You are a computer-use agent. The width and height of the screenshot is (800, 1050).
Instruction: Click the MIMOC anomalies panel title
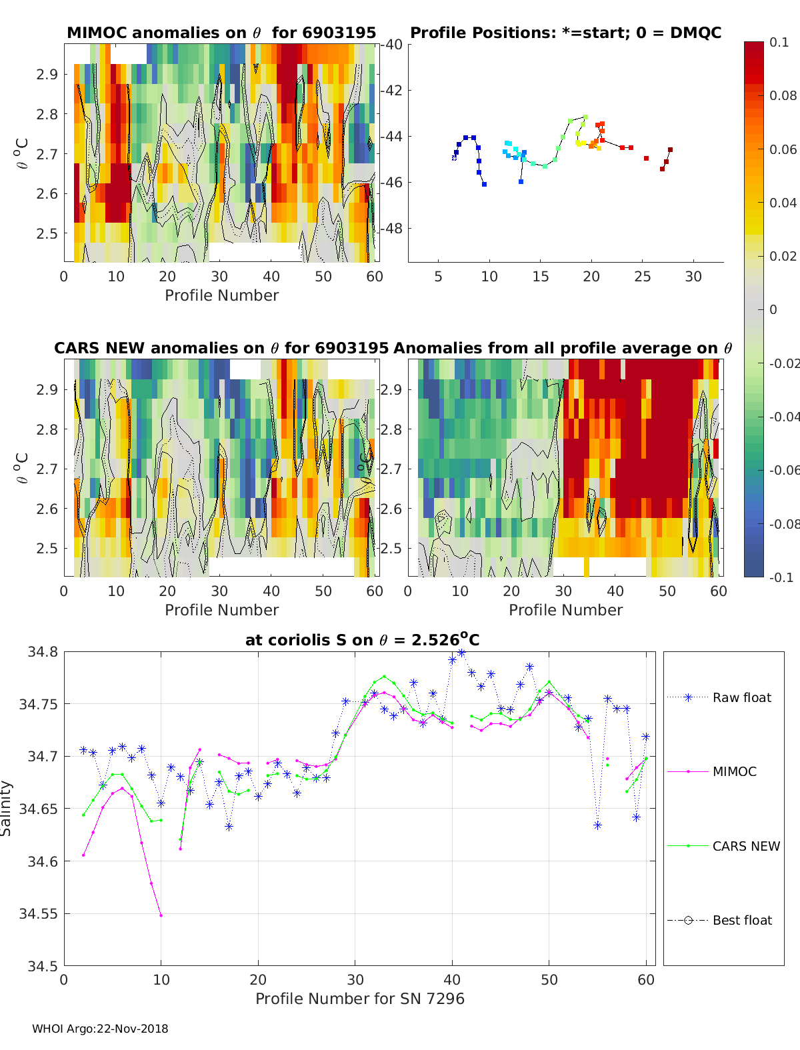click(x=221, y=33)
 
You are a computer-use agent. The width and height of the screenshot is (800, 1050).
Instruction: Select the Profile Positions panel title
click(x=565, y=33)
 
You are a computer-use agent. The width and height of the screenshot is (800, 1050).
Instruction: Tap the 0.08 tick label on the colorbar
click(x=783, y=95)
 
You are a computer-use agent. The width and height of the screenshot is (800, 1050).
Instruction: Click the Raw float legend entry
click(x=741, y=697)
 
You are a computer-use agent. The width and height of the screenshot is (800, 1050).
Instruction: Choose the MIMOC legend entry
click(x=734, y=771)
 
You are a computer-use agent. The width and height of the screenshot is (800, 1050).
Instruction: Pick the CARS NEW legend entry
click(x=745, y=846)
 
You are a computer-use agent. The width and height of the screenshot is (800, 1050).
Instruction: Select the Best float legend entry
click(x=741, y=920)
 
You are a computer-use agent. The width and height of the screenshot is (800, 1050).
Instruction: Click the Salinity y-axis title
click(x=6, y=808)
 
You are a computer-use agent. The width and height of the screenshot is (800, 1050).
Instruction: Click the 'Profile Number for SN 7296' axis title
click(x=359, y=999)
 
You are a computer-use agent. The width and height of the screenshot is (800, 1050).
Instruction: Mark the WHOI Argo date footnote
click(x=100, y=1029)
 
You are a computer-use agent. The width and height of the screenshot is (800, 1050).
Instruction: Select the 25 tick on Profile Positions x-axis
click(x=642, y=277)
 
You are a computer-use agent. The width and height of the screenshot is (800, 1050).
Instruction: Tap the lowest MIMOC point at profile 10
click(x=161, y=915)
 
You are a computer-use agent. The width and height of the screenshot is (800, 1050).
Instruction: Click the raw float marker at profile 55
click(x=598, y=825)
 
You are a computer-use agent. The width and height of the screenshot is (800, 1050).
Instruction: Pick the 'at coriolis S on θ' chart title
click(x=362, y=640)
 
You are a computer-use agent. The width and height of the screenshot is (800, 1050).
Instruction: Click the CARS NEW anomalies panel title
click(x=221, y=348)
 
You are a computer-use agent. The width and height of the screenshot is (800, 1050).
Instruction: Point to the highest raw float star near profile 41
click(x=461, y=653)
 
